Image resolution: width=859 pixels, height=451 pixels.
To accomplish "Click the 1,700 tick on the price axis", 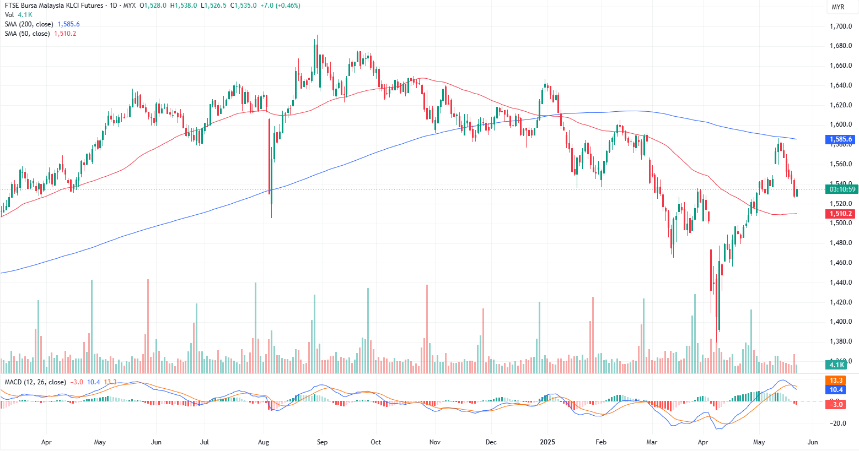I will pyautogui.click(x=841, y=26).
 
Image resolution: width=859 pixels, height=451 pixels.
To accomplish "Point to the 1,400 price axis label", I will pyautogui.click(x=841, y=322).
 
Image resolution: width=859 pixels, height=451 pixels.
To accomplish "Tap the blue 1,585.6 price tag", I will pyautogui.click(x=841, y=140).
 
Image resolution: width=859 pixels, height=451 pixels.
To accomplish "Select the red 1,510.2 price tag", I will pyautogui.click(x=841, y=214).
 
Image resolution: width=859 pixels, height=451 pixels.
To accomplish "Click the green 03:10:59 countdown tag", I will pyautogui.click(x=842, y=189).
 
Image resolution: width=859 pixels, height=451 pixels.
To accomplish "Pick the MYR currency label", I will pyautogui.click(x=837, y=7).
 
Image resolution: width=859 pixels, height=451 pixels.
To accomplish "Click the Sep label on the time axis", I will pyautogui.click(x=322, y=442).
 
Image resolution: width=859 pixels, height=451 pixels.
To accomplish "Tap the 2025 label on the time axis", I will pyautogui.click(x=547, y=442).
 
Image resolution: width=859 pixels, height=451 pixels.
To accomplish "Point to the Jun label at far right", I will pyautogui.click(x=812, y=442).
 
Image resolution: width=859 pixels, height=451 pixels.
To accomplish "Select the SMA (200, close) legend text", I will pyautogui.click(x=29, y=24).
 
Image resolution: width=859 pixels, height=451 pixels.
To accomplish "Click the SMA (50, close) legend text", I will pyautogui.click(x=27, y=34).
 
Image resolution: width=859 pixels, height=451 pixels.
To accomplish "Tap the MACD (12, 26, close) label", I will pyautogui.click(x=35, y=382).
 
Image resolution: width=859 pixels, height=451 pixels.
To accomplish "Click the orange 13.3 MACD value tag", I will pyautogui.click(x=836, y=381).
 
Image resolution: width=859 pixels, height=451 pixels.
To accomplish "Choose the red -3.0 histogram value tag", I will pyautogui.click(x=836, y=405).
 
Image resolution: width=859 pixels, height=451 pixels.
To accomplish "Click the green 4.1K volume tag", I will pyautogui.click(x=836, y=365).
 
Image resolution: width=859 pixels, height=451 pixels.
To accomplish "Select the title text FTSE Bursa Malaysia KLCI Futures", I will pyautogui.click(x=53, y=6).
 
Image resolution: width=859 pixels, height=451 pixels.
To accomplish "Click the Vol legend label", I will pyautogui.click(x=9, y=15).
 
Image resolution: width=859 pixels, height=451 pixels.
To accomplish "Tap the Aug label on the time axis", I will pyautogui.click(x=264, y=442).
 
